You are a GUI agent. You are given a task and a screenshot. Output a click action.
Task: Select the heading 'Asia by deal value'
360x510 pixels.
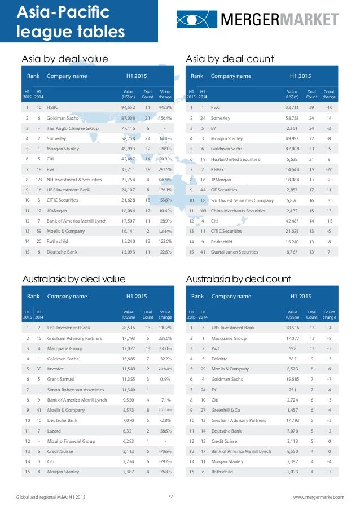tap(64, 59)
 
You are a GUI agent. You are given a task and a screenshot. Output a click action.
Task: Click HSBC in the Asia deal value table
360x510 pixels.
tap(52, 107)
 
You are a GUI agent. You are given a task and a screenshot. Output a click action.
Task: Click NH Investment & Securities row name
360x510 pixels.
tap(74, 179)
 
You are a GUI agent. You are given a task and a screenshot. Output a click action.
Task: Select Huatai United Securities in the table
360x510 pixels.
tap(236, 159)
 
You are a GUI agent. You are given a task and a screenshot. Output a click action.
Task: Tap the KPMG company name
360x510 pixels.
tap(217, 169)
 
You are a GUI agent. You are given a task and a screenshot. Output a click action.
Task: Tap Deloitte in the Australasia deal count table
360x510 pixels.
tap(220, 358)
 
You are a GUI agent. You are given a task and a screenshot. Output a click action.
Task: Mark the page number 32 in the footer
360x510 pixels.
tap(170, 496)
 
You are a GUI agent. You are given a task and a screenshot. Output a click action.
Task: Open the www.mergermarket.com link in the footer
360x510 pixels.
tap(319, 497)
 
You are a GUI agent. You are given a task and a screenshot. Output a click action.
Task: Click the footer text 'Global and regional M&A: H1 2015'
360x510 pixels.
tap(51, 497)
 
